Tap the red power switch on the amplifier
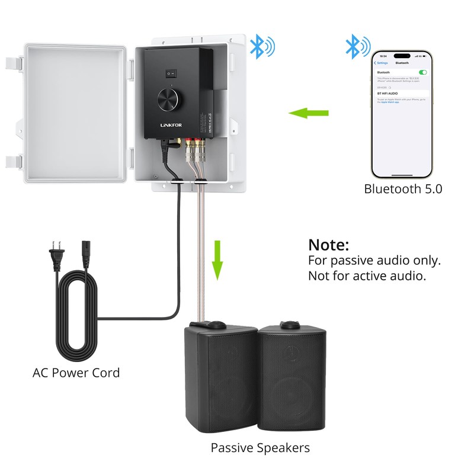[171, 74]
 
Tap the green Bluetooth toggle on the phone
[422, 72]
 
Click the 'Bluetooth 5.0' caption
[403, 190]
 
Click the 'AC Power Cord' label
[76, 373]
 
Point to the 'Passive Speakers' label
[260, 448]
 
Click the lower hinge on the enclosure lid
[14, 161]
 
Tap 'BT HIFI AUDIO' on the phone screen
[389, 94]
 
